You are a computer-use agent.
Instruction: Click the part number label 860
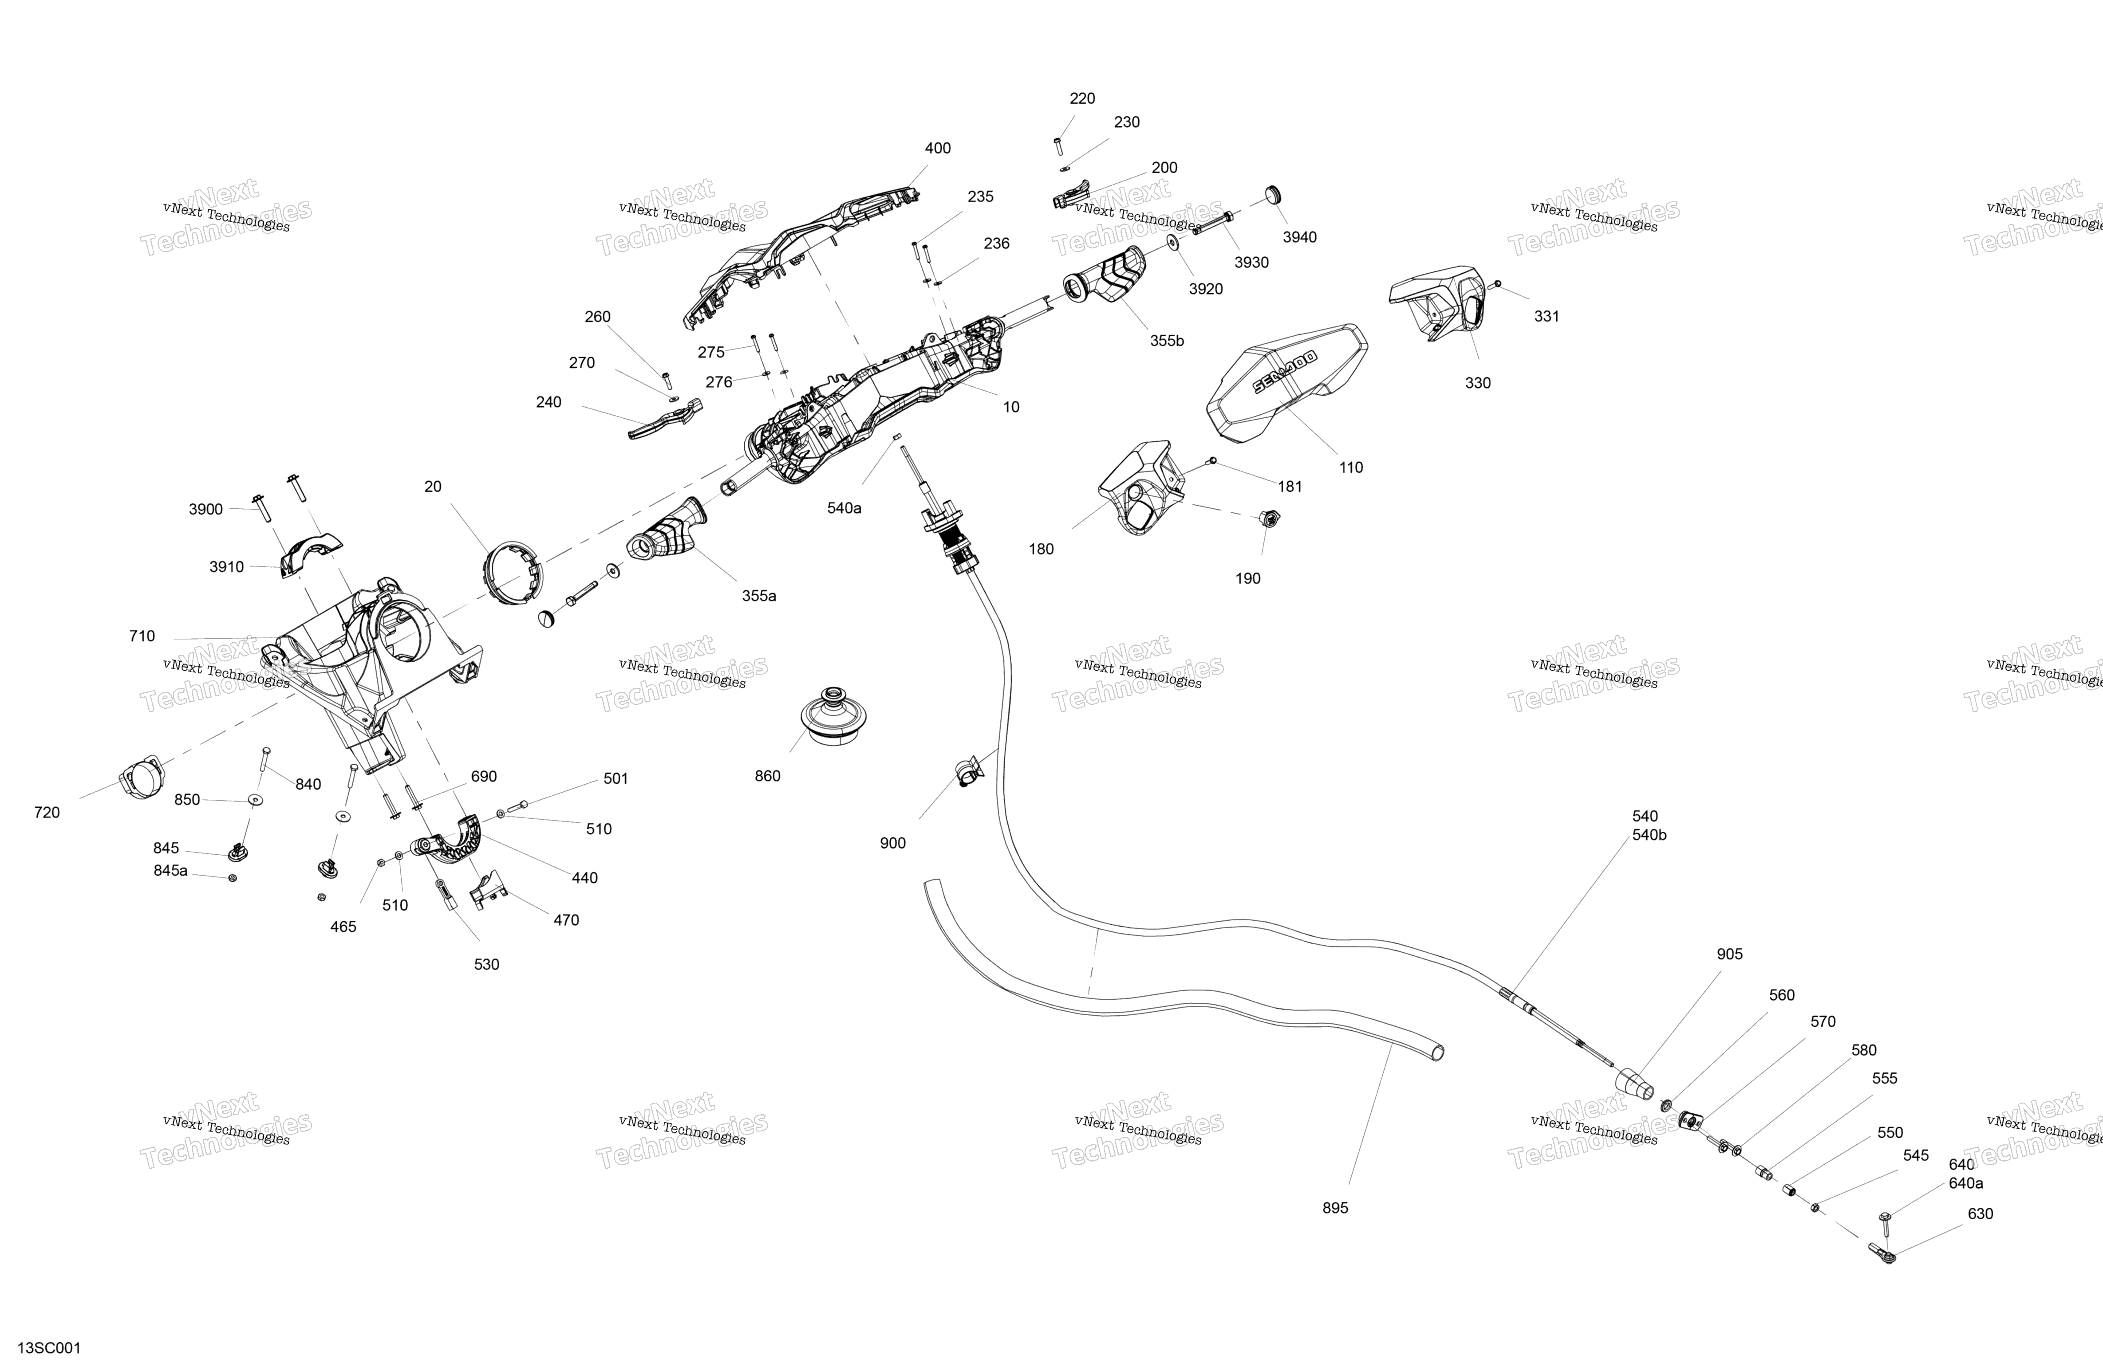[767, 776]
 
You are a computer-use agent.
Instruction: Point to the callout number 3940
[1299, 237]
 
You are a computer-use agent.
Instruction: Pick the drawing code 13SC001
[49, 1347]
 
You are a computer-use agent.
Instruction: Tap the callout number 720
[47, 812]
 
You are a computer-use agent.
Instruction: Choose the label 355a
[758, 595]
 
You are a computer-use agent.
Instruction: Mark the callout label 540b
[1649, 835]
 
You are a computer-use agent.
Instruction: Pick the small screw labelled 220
[1058, 147]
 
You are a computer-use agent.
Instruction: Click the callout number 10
[1011, 406]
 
